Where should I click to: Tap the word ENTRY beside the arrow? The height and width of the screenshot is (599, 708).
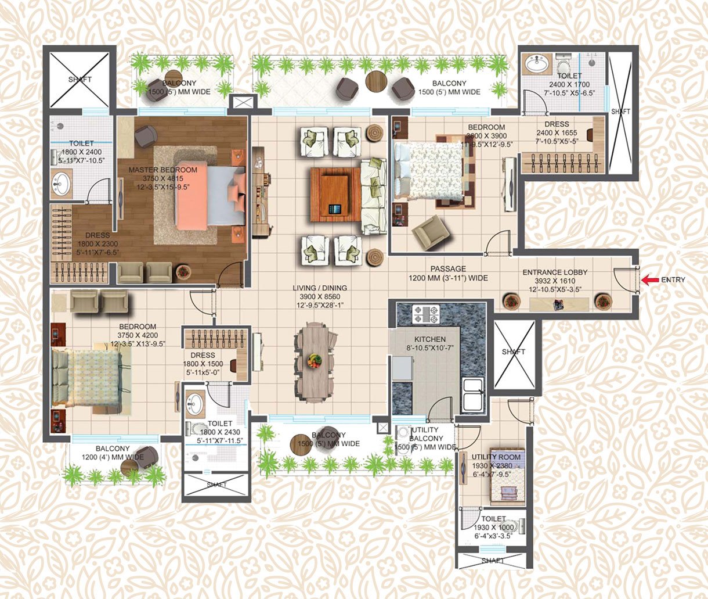pyautogui.click(x=673, y=280)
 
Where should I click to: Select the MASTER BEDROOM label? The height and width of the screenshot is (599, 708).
pyautogui.click(x=162, y=170)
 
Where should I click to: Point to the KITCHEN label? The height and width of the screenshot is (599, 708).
pyautogui.click(x=429, y=339)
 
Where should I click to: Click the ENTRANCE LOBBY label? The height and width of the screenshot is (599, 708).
pyautogui.click(x=555, y=272)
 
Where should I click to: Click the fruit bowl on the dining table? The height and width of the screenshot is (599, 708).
pyautogui.click(x=314, y=360)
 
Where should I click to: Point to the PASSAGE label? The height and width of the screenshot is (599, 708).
pyautogui.click(x=448, y=269)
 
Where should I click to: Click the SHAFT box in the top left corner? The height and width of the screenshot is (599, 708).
pyautogui.click(x=79, y=80)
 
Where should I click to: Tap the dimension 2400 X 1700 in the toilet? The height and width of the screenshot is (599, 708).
pyautogui.click(x=569, y=84)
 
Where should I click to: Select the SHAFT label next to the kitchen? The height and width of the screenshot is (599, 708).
pyautogui.click(x=514, y=352)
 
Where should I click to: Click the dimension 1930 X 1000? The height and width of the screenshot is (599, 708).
pyautogui.click(x=493, y=528)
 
